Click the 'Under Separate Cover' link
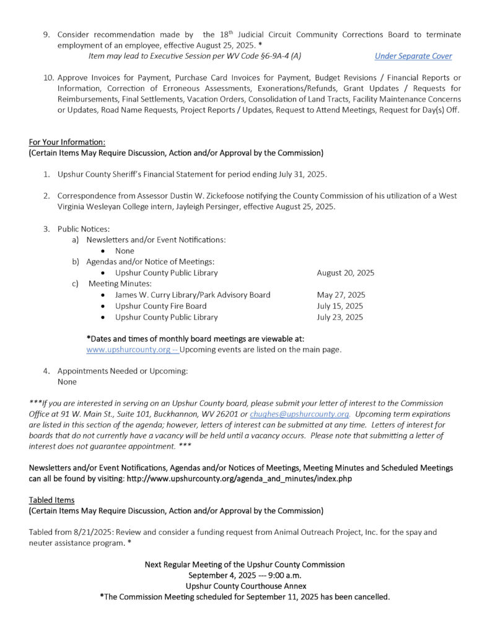(413, 56)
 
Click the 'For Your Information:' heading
(67, 142)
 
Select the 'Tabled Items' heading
(51, 500)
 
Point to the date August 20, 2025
(345, 273)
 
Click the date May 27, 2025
(341, 295)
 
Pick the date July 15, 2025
(340, 306)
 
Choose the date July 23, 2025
(340, 317)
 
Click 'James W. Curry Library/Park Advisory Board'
(193, 295)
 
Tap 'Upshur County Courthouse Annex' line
(245, 586)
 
